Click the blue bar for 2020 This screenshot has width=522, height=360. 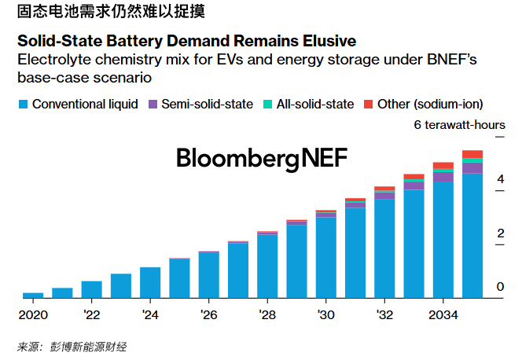tap(33, 295)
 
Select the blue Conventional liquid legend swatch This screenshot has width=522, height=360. tap(22, 104)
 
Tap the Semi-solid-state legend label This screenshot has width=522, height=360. tap(208, 104)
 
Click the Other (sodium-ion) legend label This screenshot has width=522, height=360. tap(429, 104)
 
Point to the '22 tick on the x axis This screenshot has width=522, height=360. tap(91, 315)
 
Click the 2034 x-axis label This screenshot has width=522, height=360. tap(443, 315)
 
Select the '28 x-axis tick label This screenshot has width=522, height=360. tap(267, 315)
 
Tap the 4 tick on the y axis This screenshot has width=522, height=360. tap(499, 180)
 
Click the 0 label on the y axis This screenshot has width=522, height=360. tap(499, 288)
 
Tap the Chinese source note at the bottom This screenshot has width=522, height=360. tap(72, 346)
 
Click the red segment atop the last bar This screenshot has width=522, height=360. tap(472, 154)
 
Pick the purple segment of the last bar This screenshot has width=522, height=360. tap(472, 167)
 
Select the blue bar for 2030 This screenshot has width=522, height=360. tap(326, 258)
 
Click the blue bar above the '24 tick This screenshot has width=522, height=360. tap(150, 282)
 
